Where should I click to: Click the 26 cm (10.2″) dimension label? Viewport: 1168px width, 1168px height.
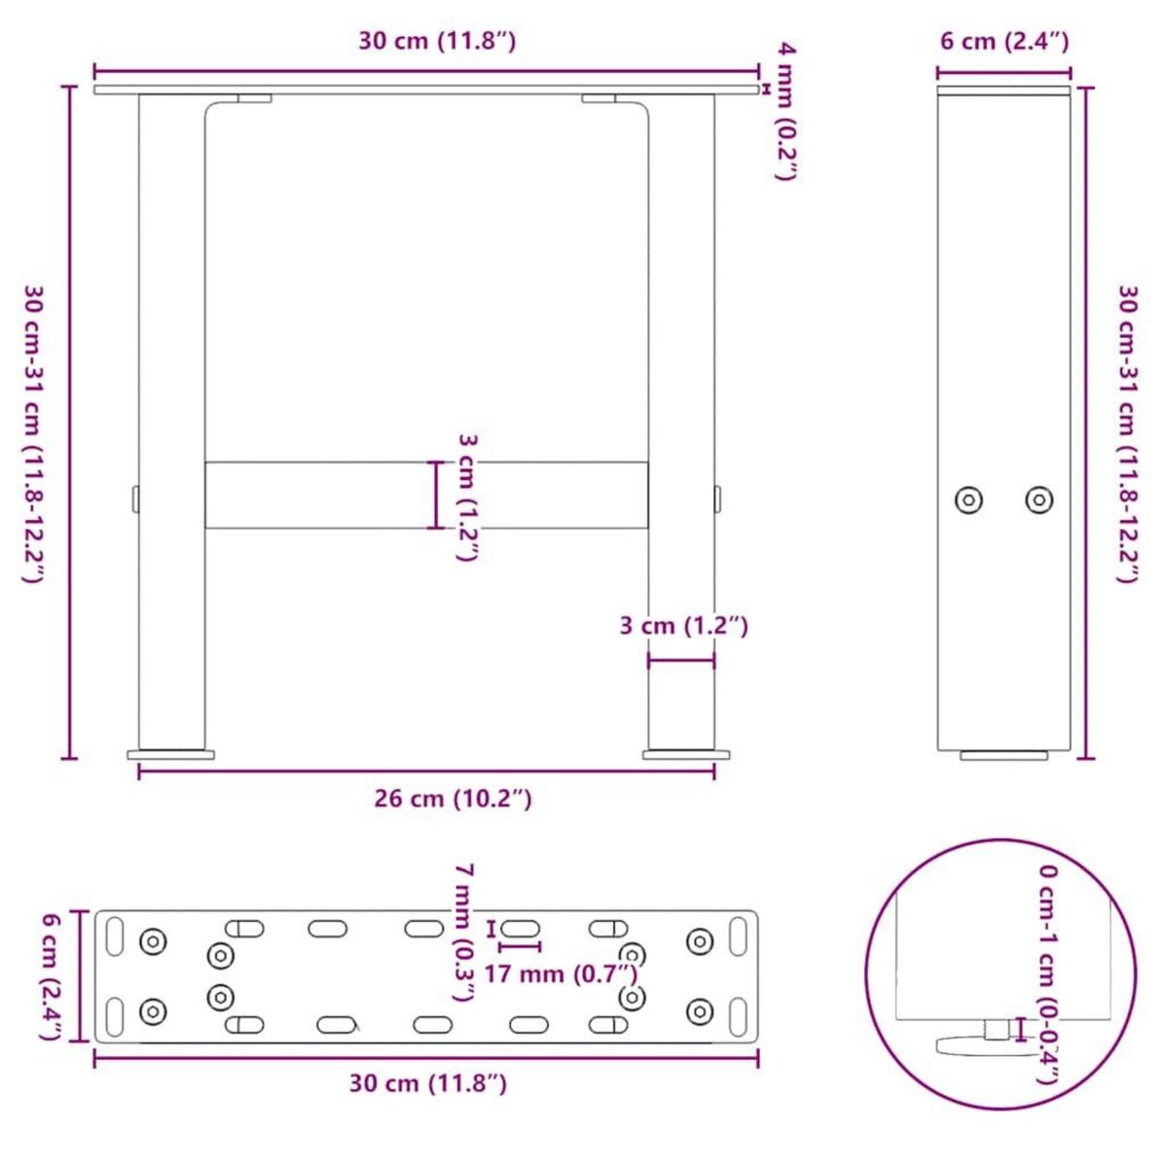[x=453, y=799]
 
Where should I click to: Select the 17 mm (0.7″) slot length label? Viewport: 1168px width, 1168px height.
[x=561, y=972]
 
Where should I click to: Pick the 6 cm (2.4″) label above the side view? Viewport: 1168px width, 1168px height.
[x=1004, y=41]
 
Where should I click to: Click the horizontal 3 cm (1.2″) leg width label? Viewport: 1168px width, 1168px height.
[x=683, y=625]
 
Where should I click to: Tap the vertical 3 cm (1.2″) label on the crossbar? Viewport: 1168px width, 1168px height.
[x=467, y=496]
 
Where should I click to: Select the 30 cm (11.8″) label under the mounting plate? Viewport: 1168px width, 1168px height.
[x=427, y=1083]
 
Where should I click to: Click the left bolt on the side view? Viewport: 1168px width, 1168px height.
[x=967, y=500]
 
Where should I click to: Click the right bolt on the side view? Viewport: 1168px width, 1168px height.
[x=1040, y=500]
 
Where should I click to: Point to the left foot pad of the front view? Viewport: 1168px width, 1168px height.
[x=171, y=753]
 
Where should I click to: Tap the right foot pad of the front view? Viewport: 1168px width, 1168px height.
[x=685, y=753]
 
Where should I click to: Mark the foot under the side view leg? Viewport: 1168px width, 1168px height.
[x=1004, y=754]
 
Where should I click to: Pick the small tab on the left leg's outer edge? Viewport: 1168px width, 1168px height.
[x=135, y=497]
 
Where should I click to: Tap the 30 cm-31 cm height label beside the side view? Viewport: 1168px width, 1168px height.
[x=1126, y=433]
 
